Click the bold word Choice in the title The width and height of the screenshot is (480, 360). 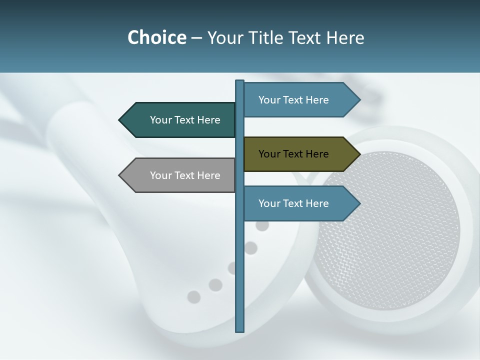[x=156, y=37]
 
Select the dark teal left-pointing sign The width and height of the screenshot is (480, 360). [x=180, y=120]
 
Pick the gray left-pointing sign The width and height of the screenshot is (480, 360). [x=180, y=175]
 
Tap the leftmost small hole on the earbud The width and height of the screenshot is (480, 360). [x=193, y=297]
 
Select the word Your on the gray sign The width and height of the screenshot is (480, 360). [x=160, y=175]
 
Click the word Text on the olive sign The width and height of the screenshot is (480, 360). [x=293, y=154]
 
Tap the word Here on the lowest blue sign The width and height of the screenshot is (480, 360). [x=316, y=203]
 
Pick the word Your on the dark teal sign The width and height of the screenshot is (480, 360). [x=160, y=120]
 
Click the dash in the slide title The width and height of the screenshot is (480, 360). [x=196, y=38]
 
